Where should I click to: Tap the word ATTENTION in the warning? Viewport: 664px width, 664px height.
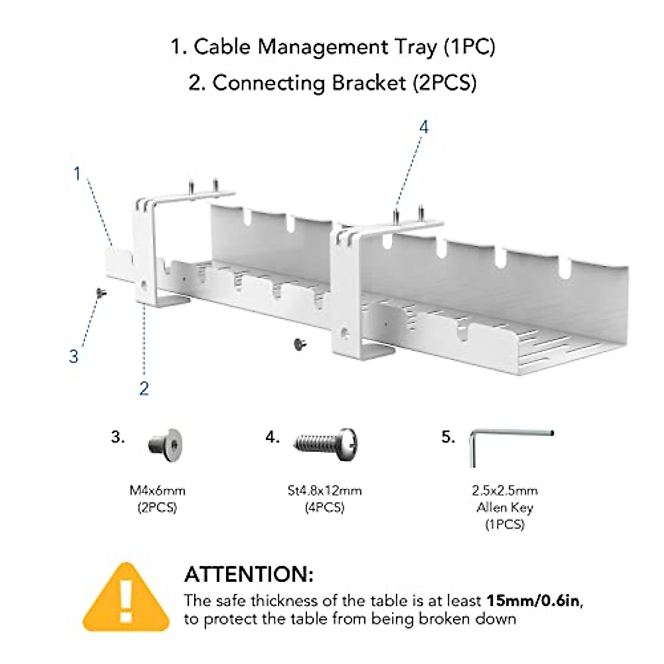tap(248, 574)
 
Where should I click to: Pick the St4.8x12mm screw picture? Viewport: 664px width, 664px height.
tap(326, 443)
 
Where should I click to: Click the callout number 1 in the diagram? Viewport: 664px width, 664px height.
tap(77, 174)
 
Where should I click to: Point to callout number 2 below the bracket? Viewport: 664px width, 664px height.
tap(144, 388)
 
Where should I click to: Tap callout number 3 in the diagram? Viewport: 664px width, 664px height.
tap(74, 356)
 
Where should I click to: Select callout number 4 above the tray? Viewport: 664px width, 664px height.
tap(423, 127)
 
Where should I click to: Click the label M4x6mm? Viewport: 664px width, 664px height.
tap(158, 490)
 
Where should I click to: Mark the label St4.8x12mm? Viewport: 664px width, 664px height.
tap(325, 490)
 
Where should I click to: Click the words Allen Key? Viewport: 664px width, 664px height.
tap(505, 507)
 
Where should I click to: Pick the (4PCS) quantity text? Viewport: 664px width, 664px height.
tap(325, 507)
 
